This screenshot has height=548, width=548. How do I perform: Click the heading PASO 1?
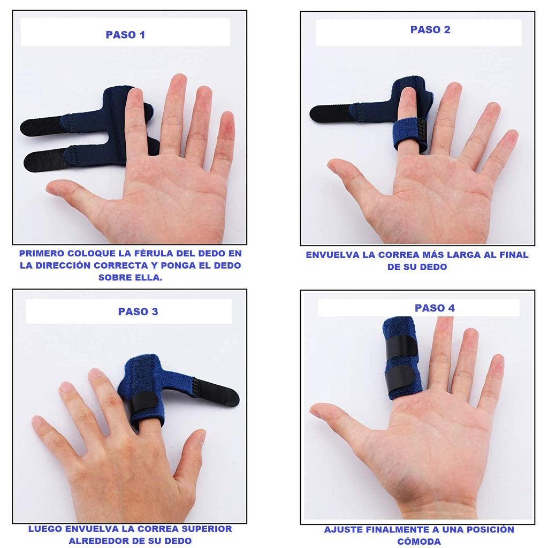coord(125,35)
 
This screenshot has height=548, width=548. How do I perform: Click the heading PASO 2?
coord(430,30)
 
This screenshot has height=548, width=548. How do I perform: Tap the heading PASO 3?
coord(138,311)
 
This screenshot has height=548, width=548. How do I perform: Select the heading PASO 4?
coord(435,308)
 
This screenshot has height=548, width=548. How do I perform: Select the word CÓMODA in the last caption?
coord(418,542)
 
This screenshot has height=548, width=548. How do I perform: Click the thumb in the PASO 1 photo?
coord(77,196)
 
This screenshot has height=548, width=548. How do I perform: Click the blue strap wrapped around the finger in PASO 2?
coord(410,134)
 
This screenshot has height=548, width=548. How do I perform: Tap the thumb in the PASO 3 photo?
coord(191,454)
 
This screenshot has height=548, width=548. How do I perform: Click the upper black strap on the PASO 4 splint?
coord(401,346)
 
